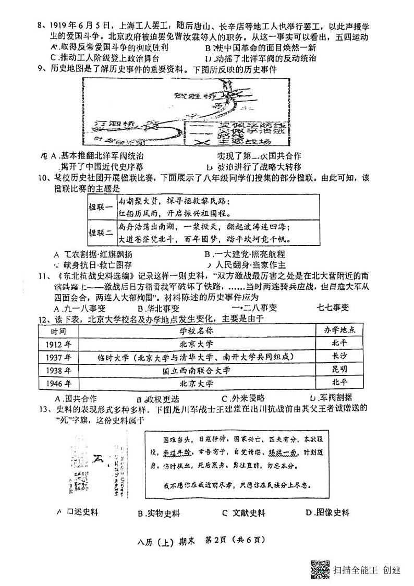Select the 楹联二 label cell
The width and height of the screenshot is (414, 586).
101,233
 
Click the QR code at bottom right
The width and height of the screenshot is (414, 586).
320,569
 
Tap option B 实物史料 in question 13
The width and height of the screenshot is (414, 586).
159,514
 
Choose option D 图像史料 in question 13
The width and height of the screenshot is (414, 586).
327,513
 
